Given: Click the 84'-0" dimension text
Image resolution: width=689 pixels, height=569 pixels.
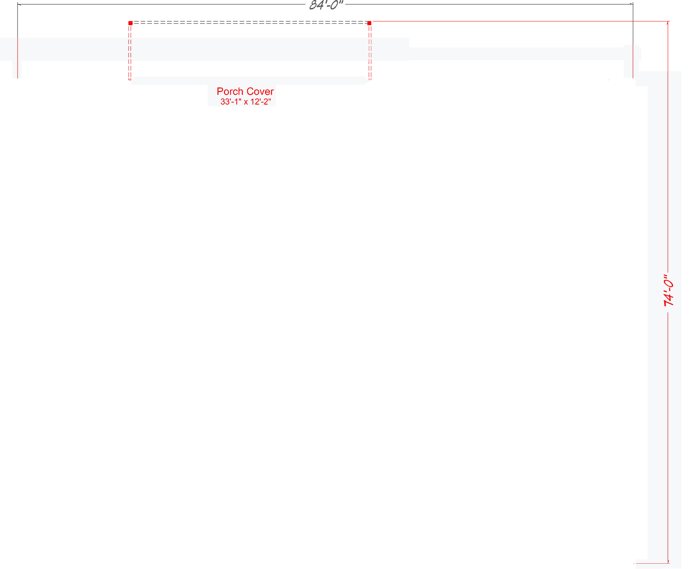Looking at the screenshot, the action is point(326,5).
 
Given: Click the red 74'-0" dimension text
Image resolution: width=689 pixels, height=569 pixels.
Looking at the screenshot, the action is point(668,290).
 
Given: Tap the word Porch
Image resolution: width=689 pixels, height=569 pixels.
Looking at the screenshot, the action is point(230,91).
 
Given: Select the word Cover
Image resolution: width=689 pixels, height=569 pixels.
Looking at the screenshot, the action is point(260,91).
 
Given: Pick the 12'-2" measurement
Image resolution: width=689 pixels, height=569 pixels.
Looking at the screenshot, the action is point(261,102).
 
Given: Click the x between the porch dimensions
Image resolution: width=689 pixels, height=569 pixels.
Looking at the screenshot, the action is point(246,102).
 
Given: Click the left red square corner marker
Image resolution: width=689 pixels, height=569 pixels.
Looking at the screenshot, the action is point(130,23).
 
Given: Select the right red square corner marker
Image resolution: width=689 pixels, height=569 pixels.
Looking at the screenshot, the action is point(369,23).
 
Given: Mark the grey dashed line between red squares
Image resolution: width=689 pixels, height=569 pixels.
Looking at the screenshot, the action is point(250,23).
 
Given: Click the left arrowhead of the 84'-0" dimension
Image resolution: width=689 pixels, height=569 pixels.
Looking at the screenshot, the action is point(19,4).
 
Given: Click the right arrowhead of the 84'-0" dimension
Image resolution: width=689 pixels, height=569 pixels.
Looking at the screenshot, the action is point(632,4).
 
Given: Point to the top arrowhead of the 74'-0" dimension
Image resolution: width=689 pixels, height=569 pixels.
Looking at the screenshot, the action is point(668,23).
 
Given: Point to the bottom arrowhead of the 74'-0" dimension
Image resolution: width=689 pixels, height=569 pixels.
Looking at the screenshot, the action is point(668,562).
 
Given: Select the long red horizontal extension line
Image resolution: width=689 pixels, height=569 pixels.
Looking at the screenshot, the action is point(521,22).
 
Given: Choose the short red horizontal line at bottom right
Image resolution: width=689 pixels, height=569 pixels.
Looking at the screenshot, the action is point(652,563).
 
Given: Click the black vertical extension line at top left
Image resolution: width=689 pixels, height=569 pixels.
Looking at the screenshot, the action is point(18,20).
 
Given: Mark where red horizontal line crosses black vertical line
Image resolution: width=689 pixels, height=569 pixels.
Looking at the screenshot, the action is point(633,22).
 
